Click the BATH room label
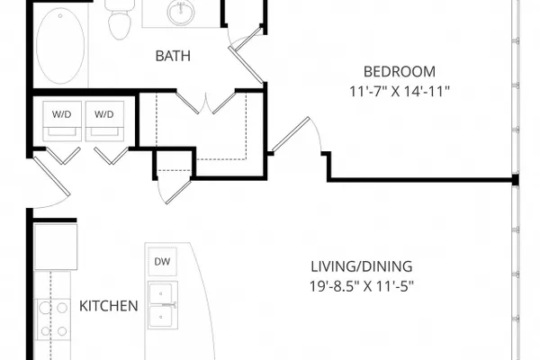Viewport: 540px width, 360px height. (x=173, y=56)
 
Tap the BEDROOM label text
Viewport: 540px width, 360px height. (x=400, y=72)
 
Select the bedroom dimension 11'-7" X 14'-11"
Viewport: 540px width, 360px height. (x=400, y=92)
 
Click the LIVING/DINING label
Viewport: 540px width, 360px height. (x=362, y=266)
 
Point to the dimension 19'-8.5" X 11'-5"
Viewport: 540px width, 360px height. (x=362, y=286)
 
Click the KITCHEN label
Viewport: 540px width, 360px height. (x=109, y=306)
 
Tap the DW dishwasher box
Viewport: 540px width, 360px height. (x=163, y=262)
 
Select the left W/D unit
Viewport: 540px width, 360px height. (x=62, y=121)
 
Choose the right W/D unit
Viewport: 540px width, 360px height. (x=104, y=121)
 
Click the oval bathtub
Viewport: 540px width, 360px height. (x=60, y=46)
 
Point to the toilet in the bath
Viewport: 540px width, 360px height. (x=119, y=20)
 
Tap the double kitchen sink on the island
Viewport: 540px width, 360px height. (x=163, y=305)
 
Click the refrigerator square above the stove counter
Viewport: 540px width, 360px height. (x=56, y=247)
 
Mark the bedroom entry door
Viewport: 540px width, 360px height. (x=291, y=134)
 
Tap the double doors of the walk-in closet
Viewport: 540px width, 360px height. (x=205, y=103)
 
